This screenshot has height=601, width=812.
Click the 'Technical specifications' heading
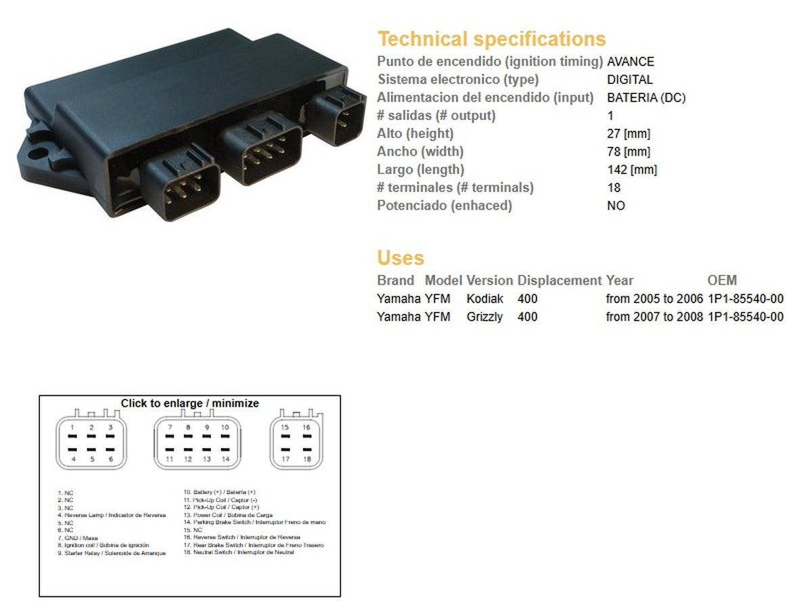(491, 39)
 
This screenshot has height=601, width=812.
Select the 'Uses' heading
(401, 258)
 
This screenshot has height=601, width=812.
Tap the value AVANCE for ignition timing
(631, 62)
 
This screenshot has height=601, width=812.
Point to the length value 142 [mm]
(631, 170)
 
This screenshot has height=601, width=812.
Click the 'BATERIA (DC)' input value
(646, 97)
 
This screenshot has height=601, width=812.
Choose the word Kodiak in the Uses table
(485, 298)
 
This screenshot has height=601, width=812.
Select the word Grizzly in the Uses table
(484, 317)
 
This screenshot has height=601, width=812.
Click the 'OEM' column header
(722, 280)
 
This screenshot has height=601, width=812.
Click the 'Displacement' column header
(559, 280)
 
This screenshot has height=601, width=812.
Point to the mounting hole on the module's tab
(39, 145)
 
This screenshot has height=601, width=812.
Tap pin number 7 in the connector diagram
(171, 428)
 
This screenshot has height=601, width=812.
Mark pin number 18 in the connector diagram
(306, 460)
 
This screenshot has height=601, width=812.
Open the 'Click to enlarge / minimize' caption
(189, 403)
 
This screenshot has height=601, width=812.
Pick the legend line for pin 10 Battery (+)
(220, 492)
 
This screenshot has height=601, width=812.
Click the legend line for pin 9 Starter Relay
(112, 553)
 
